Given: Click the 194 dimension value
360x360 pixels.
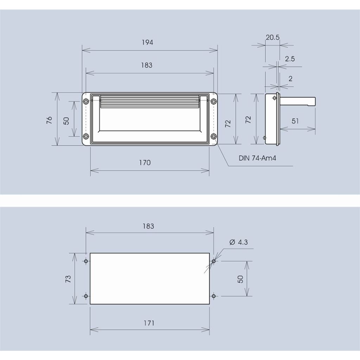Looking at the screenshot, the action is pyautogui.click(x=147, y=43).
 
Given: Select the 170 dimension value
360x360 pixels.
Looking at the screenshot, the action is pyautogui.click(x=145, y=163).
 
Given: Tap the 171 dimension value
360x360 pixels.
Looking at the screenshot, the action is pyautogui.click(x=149, y=323).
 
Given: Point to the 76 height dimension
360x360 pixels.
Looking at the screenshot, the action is pyautogui.click(x=49, y=120).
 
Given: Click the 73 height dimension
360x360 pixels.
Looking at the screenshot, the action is pyautogui.click(x=68, y=279).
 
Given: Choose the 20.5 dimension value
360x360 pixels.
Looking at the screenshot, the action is pyautogui.click(x=272, y=37).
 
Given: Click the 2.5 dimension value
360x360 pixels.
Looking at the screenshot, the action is pyautogui.click(x=290, y=59).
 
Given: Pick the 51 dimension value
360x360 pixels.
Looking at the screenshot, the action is pyautogui.click(x=295, y=121).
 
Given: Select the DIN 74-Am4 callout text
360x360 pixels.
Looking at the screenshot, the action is pyautogui.click(x=257, y=158).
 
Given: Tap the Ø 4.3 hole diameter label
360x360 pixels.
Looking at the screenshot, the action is pyautogui.click(x=239, y=242).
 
